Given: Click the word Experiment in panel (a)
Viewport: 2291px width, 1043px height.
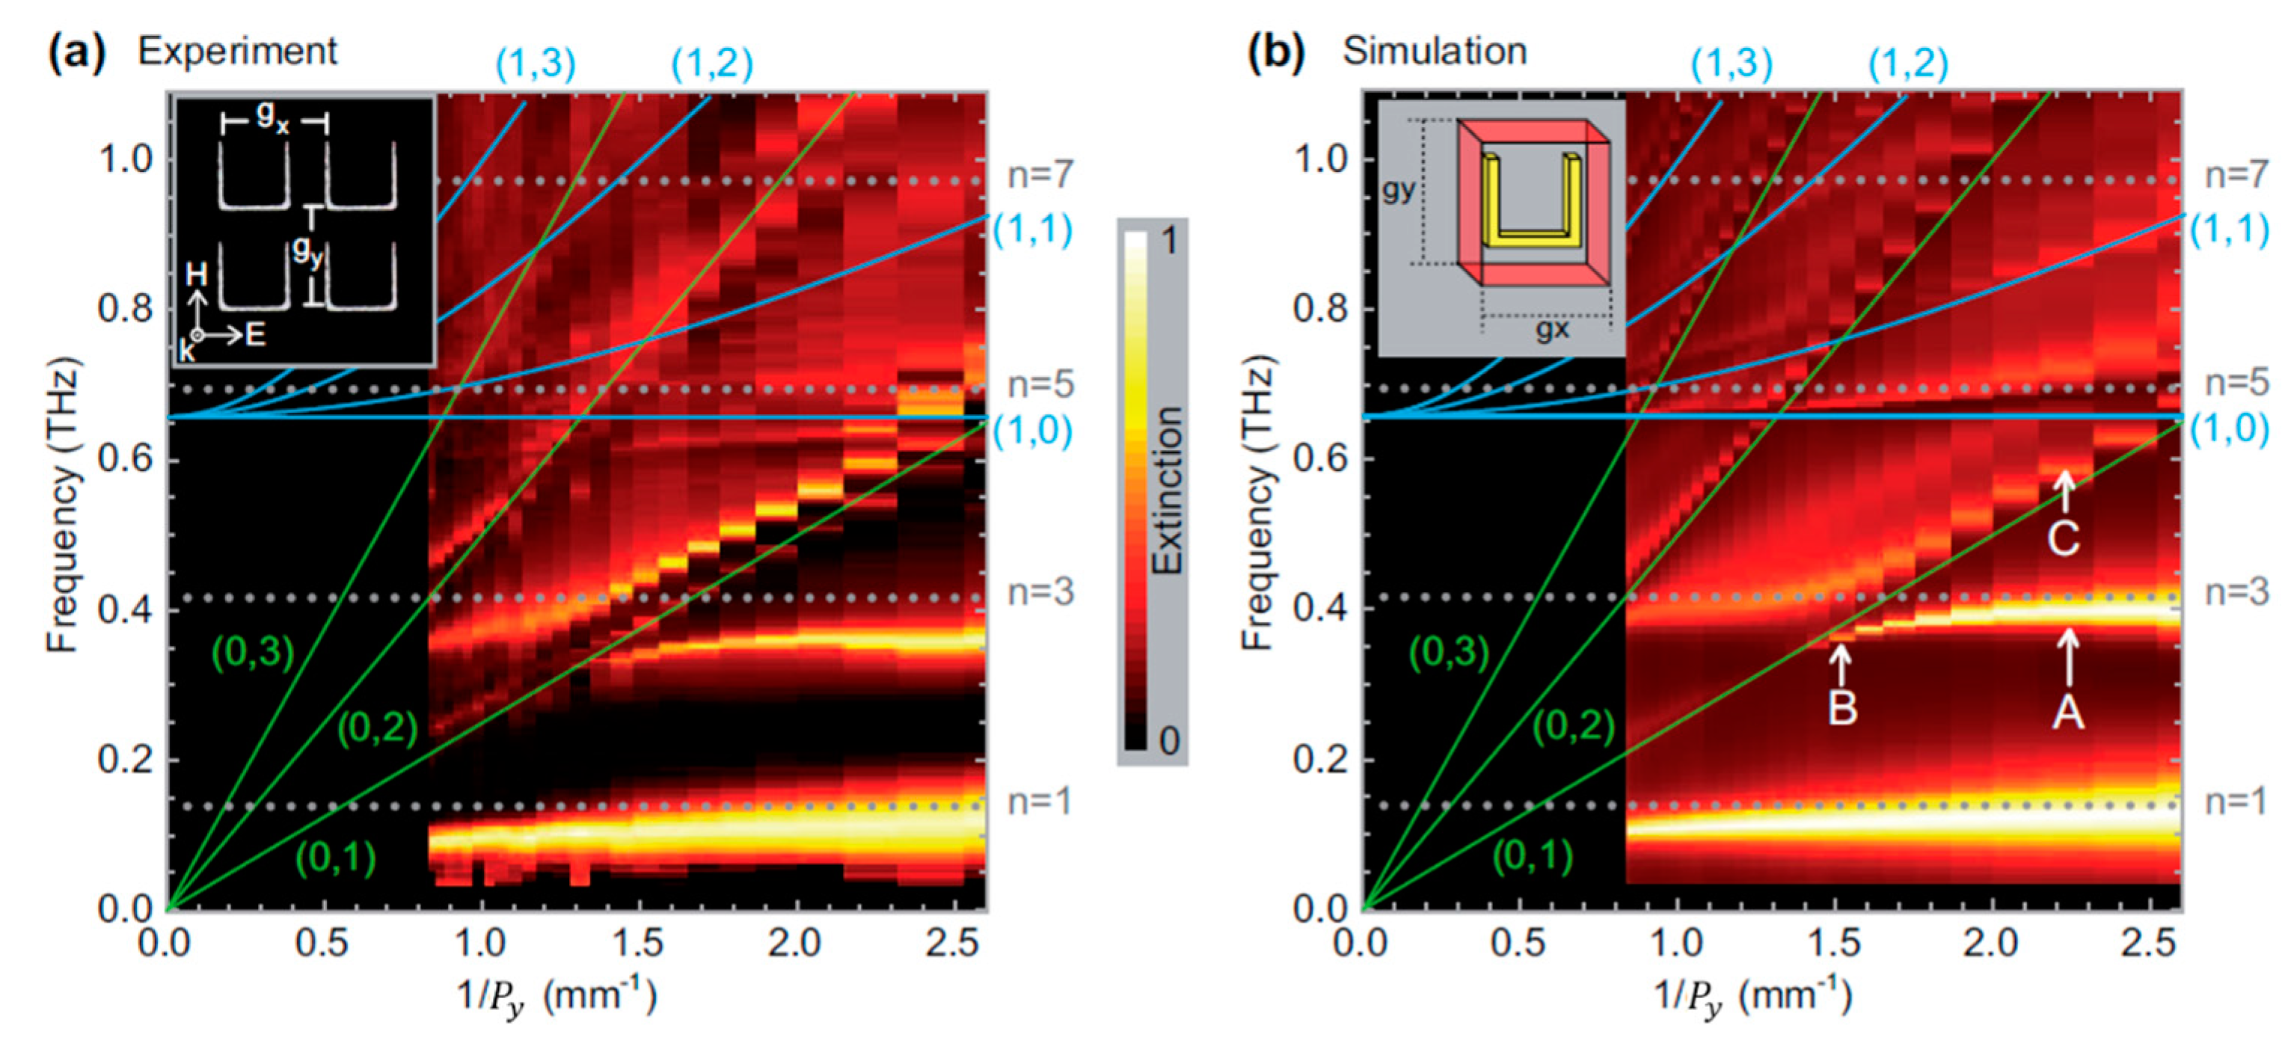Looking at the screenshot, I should [236, 52].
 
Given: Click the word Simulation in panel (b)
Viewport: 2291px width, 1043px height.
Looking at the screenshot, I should [1434, 52].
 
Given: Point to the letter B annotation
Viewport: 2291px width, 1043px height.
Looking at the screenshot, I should [1842, 709].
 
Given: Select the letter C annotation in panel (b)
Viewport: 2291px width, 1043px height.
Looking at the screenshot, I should [2064, 539].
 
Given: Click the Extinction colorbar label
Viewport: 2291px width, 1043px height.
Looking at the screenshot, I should [1168, 490].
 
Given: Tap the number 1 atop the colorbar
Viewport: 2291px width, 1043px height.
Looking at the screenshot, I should [1168, 241].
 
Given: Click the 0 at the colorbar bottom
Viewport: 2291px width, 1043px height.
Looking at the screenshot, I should [1168, 739].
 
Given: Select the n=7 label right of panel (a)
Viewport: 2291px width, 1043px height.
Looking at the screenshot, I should [1040, 176].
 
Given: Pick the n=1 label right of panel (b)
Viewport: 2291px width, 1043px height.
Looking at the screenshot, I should [2236, 802].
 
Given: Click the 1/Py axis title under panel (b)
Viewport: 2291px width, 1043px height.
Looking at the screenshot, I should [1752, 996].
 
